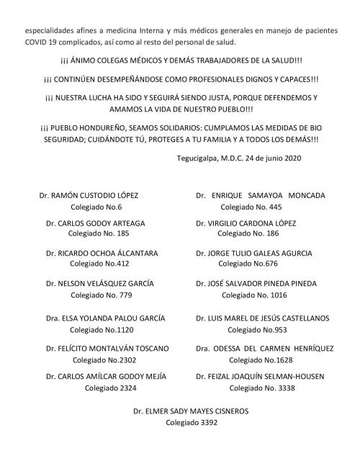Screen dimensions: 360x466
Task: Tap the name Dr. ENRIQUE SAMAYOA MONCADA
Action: coord(261,195)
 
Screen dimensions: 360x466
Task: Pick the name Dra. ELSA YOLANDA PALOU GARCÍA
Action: coord(105,318)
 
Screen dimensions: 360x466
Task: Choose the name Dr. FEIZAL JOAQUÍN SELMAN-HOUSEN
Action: coord(260,376)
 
